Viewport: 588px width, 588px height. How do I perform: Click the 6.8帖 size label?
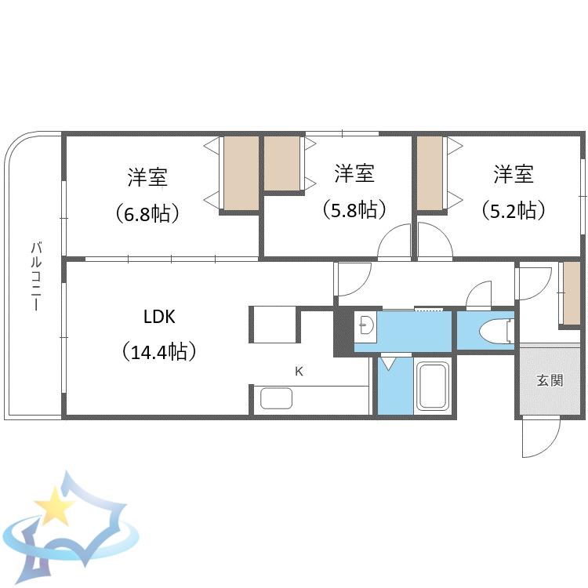click(x=147, y=214)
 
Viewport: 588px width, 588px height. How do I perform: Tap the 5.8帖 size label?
click(x=354, y=209)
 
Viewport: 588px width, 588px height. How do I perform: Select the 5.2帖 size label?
click(x=513, y=210)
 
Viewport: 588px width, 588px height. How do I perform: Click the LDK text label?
click(x=159, y=318)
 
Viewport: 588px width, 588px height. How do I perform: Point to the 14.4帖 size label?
click(x=159, y=351)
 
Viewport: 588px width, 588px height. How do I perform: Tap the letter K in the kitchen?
click(x=299, y=372)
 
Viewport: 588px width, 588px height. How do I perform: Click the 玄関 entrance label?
click(x=550, y=380)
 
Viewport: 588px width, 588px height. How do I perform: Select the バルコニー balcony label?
click(x=36, y=277)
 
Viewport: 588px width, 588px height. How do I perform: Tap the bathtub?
click(x=434, y=387)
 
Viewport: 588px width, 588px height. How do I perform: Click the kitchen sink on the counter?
click(x=277, y=398)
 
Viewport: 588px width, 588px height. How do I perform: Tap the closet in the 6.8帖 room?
click(x=241, y=173)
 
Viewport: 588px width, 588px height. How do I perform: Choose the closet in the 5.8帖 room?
click(x=282, y=163)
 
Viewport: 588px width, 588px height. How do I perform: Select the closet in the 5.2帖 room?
click(x=430, y=173)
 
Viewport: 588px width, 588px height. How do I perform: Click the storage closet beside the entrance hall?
click(x=572, y=293)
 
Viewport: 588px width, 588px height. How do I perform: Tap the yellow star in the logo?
click(x=55, y=506)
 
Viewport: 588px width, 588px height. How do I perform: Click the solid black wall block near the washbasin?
click(x=343, y=332)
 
